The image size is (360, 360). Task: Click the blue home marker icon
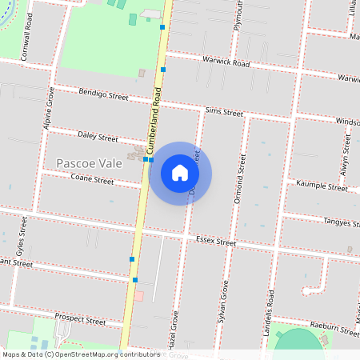pos(180,173)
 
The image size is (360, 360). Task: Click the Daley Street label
pos(96,137)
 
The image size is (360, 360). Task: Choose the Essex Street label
pos(216,242)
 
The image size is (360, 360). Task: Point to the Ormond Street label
pos(238,175)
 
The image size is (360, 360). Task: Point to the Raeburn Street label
pos(333,329)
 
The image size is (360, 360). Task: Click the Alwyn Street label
pos(346,154)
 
